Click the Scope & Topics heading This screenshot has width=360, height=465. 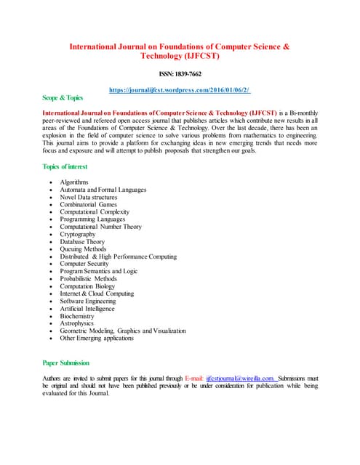pyautogui.click(x=63, y=97)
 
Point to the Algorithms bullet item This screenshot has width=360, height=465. pyautogui.click(x=74, y=182)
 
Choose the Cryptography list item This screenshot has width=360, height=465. pyautogui.click(x=78, y=235)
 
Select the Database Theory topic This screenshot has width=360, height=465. pyautogui.click(x=82, y=242)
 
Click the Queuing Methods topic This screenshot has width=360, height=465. pyautogui.click(x=84, y=249)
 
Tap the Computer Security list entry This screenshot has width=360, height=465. pyautogui.click(x=86, y=264)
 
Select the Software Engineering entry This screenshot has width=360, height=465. pyautogui.click(x=88, y=301)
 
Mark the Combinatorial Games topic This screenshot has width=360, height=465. pyautogui.click(x=88, y=204)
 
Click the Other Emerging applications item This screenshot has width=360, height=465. pyautogui.click(x=97, y=338)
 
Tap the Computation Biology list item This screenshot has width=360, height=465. pyautogui.click(x=87, y=286)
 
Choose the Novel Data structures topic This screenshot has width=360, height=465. pyautogui.click(x=89, y=197)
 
